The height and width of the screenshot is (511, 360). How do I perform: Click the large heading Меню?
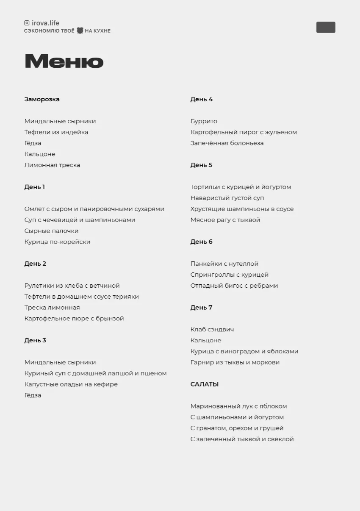pyautogui.click(x=64, y=61)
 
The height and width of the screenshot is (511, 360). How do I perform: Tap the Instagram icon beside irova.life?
pyautogui.click(x=27, y=23)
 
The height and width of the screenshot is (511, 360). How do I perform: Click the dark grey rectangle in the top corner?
pyautogui.click(x=326, y=28)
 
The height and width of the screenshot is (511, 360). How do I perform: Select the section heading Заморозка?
pyautogui.click(x=42, y=99)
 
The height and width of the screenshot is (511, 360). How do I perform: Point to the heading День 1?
pyautogui.click(x=34, y=187)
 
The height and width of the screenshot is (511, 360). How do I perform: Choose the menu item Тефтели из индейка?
pyautogui.click(x=56, y=132)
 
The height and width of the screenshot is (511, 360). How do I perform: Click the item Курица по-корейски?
pyautogui.click(x=57, y=242)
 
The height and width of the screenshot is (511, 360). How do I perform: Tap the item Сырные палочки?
pyautogui.click(x=51, y=231)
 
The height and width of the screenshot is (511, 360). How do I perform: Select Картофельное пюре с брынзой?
pyautogui.click(x=74, y=319)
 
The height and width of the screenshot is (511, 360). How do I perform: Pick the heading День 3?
pyautogui.click(x=35, y=340)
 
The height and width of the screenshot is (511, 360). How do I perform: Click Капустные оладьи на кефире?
pyautogui.click(x=71, y=384)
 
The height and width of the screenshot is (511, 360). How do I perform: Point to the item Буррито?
pyautogui.click(x=204, y=121)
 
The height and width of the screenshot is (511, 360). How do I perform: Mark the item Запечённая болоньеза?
pyautogui.click(x=227, y=143)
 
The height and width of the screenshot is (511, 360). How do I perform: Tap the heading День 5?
pyautogui.click(x=201, y=165)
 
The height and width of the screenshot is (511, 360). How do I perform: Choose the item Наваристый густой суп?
pyautogui.click(x=227, y=198)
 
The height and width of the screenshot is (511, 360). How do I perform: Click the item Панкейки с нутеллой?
pyautogui.click(x=224, y=264)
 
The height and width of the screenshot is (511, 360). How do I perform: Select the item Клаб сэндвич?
pyautogui.click(x=212, y=329)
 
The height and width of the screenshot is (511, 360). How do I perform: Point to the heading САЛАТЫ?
pyautogui.click(x=205, y=384)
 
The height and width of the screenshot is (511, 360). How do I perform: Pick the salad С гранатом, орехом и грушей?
pyautogui.click(x=237, y=428)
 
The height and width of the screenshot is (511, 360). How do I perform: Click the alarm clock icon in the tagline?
pyautogui.click(x=80, y=31)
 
